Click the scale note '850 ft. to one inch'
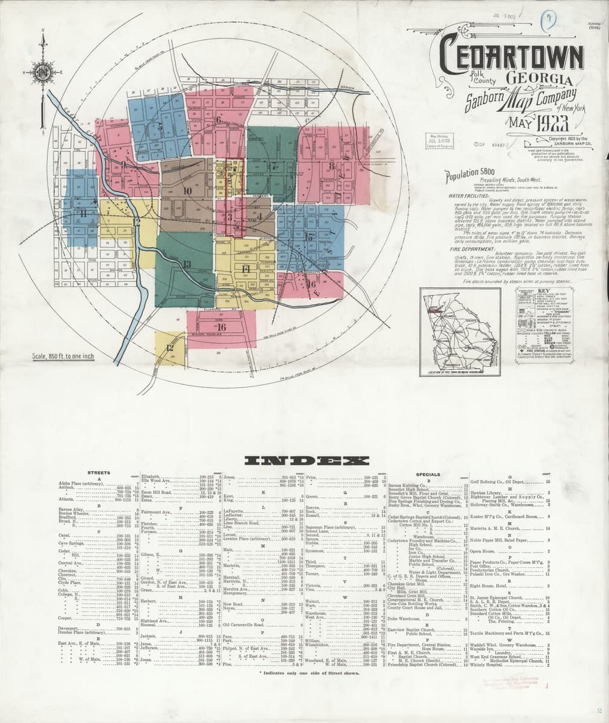[x=63, y=357]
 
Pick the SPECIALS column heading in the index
[x=427, y=474]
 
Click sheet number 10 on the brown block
[x=187, y=191]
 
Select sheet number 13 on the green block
[x=187, y=264]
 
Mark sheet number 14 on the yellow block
[x=245, y=268]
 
